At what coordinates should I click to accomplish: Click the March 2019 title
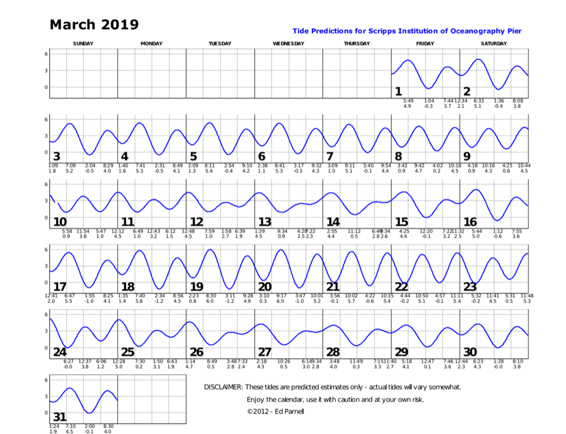click(x=94, y=25)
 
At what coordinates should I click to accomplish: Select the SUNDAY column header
click(x=83, y=44)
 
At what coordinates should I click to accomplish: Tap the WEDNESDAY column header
click(x=288, y=44)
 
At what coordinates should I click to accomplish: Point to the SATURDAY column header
click(x=494, y=44)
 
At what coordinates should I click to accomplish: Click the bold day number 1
click(x=398, y=92)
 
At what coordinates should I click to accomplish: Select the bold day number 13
click(x=265, y=222)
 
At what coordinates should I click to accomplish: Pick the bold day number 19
click(x=196, y=287)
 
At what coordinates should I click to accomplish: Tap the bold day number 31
click(x=59, y=418)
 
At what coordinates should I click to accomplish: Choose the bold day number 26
click(x=196, y=352)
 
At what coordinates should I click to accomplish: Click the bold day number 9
click(x=467, y=157)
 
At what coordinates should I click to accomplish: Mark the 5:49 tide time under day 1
click(x=408, y=101)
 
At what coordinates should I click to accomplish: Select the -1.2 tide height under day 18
click(x=160, y=301)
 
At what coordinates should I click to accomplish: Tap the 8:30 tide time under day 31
click(x=108, y=426)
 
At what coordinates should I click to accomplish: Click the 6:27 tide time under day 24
click(x=68, y=361)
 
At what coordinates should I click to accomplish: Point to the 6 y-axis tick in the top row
click(x=46, y=53)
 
